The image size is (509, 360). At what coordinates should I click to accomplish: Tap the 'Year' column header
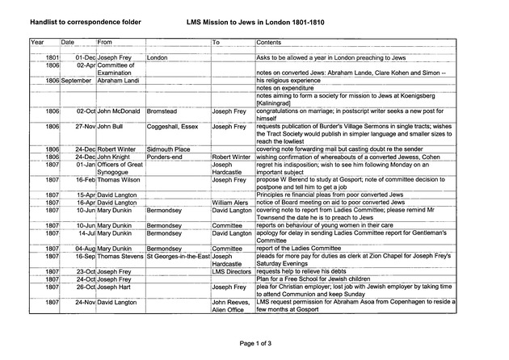[37, 41]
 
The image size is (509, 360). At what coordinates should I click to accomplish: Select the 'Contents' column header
[268, 41]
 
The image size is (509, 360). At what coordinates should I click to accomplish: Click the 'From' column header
[104, 41]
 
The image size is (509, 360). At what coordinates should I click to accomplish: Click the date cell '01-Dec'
[85, 58]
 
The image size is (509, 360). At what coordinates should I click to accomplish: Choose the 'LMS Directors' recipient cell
[232, 271]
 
